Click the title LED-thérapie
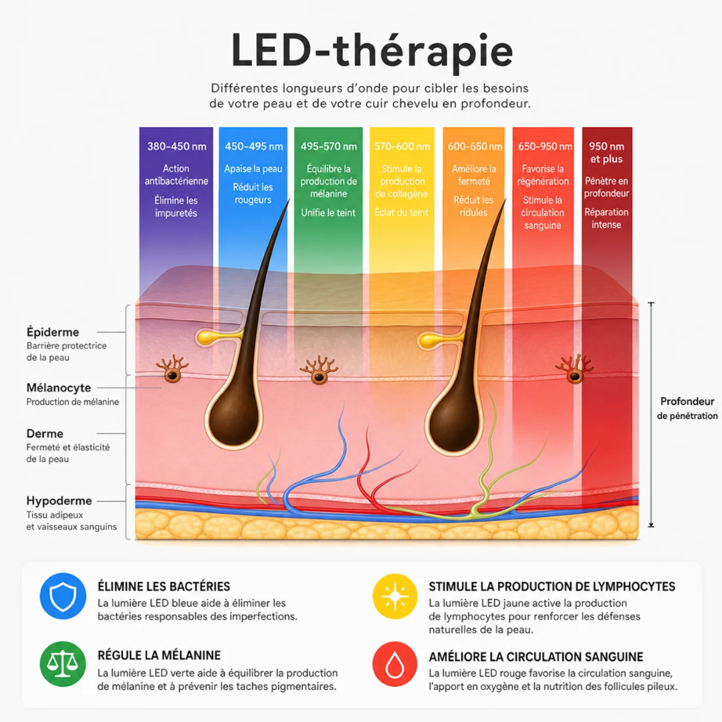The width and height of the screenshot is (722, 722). point(372,51)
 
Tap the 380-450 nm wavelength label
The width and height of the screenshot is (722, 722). point(176,146)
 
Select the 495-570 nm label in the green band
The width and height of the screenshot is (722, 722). point(329,146)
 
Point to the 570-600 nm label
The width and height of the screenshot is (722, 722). point(402,146)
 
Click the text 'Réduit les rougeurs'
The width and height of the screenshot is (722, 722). point(253,193)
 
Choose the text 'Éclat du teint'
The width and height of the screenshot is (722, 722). point(402,213)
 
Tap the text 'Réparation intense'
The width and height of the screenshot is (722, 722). point(606,218)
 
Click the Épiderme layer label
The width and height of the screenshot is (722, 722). point(53,332)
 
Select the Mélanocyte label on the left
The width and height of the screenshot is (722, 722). point(58,388)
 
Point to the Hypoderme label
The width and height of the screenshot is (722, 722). point(59,501)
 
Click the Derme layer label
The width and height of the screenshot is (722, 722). point(45,433)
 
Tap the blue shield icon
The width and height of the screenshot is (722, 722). point(63,596)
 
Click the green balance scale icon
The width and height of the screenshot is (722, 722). point(63,664)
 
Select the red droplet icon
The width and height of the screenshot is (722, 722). point(394,664)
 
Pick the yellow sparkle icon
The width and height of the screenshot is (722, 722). point(394,596)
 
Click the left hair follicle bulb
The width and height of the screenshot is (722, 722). point(233,419)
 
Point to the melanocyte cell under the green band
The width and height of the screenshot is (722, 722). point(319,370)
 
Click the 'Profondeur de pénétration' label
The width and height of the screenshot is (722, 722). point(687,408)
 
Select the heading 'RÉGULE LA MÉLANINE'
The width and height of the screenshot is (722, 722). point(159,655)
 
